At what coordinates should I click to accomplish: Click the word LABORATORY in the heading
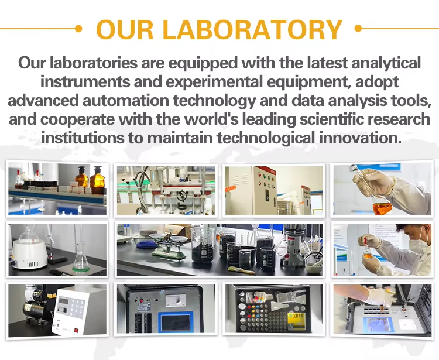point(252,29)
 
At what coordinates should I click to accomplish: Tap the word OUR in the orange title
point(125,29)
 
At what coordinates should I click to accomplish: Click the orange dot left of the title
point(78,28)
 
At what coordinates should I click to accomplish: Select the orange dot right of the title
point(358,28)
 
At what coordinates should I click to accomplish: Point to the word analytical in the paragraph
point(386,63)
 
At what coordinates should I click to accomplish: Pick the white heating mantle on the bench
point(29,254)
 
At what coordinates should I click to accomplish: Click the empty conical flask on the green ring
point(81,257)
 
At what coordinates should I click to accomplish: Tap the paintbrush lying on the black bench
point(242,270)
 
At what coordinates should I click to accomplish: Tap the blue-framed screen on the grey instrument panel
point(176,322)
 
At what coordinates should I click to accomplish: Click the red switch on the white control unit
point(76,331)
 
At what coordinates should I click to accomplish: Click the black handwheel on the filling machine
point(181,196)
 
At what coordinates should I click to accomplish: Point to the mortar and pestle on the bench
point(314,268)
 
